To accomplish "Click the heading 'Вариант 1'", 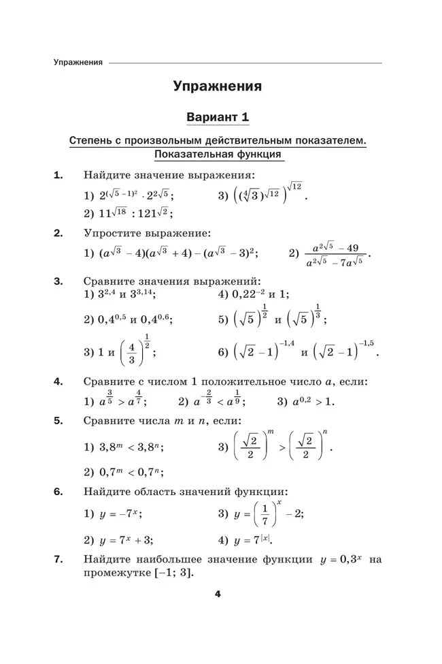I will [218, 118].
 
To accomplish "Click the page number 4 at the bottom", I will [218, 594].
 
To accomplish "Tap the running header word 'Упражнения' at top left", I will [78, 63].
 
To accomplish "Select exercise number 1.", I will [58, 175].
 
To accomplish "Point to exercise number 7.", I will [58, 560].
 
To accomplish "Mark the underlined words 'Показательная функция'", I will [218, 155].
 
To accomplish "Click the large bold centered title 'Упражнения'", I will [218, 86].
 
